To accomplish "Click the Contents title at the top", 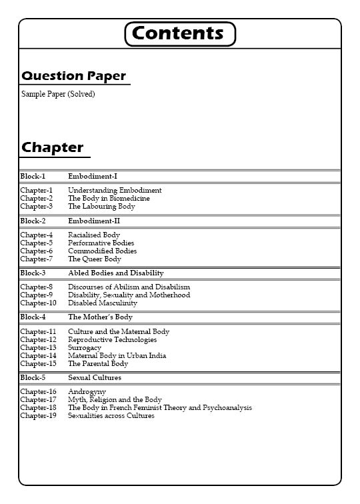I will click(x=180, y=33).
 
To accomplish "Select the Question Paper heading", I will click(x=73, y=76).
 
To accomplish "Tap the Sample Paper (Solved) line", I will click(x=58, y=94).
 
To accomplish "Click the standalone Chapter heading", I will click(x=53, y=147).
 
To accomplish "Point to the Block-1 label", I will click(x=33, y=176).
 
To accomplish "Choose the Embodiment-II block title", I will click(x=94, y=221).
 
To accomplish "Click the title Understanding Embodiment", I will click(x=115, y=190).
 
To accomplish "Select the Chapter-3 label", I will click(x=36, y=207).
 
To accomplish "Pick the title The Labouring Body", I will click(x=101, y=207).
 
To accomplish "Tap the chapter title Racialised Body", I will click(x=94, y=235).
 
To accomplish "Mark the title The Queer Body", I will click(x=95, y=259).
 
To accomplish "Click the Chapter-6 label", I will click(x=36, y=251).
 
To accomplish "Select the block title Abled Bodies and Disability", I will click(x=116, y=273).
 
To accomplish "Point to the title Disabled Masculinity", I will click(x=103, y=303).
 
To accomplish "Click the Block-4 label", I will click(x=33, y=317).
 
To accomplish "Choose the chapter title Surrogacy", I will click(x=85, y=347).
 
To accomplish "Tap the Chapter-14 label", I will click(x=38, y=355).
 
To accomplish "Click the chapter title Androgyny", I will click(x=87, y=391).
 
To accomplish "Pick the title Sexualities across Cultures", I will click(x=111, y=415).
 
